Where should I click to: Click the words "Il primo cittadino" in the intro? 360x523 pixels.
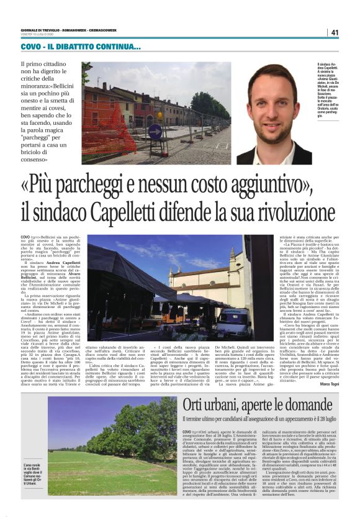coord(47,64)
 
